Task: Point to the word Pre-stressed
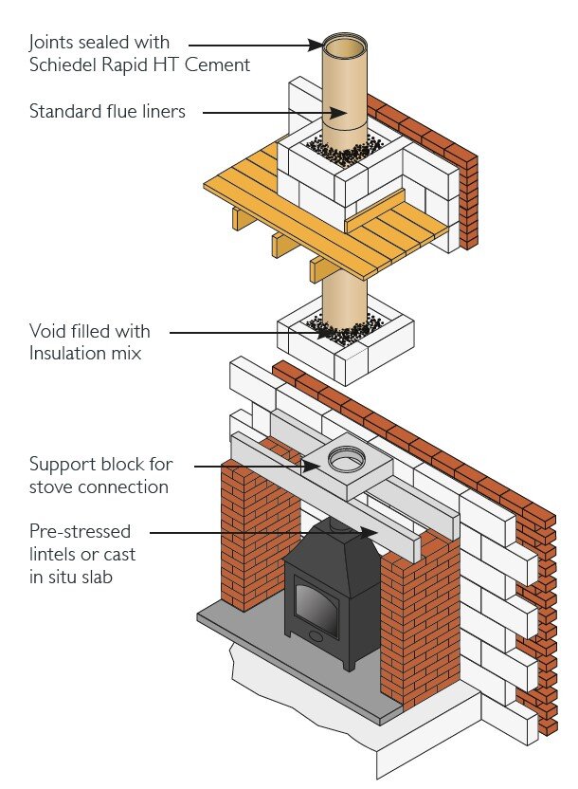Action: point(80,531)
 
